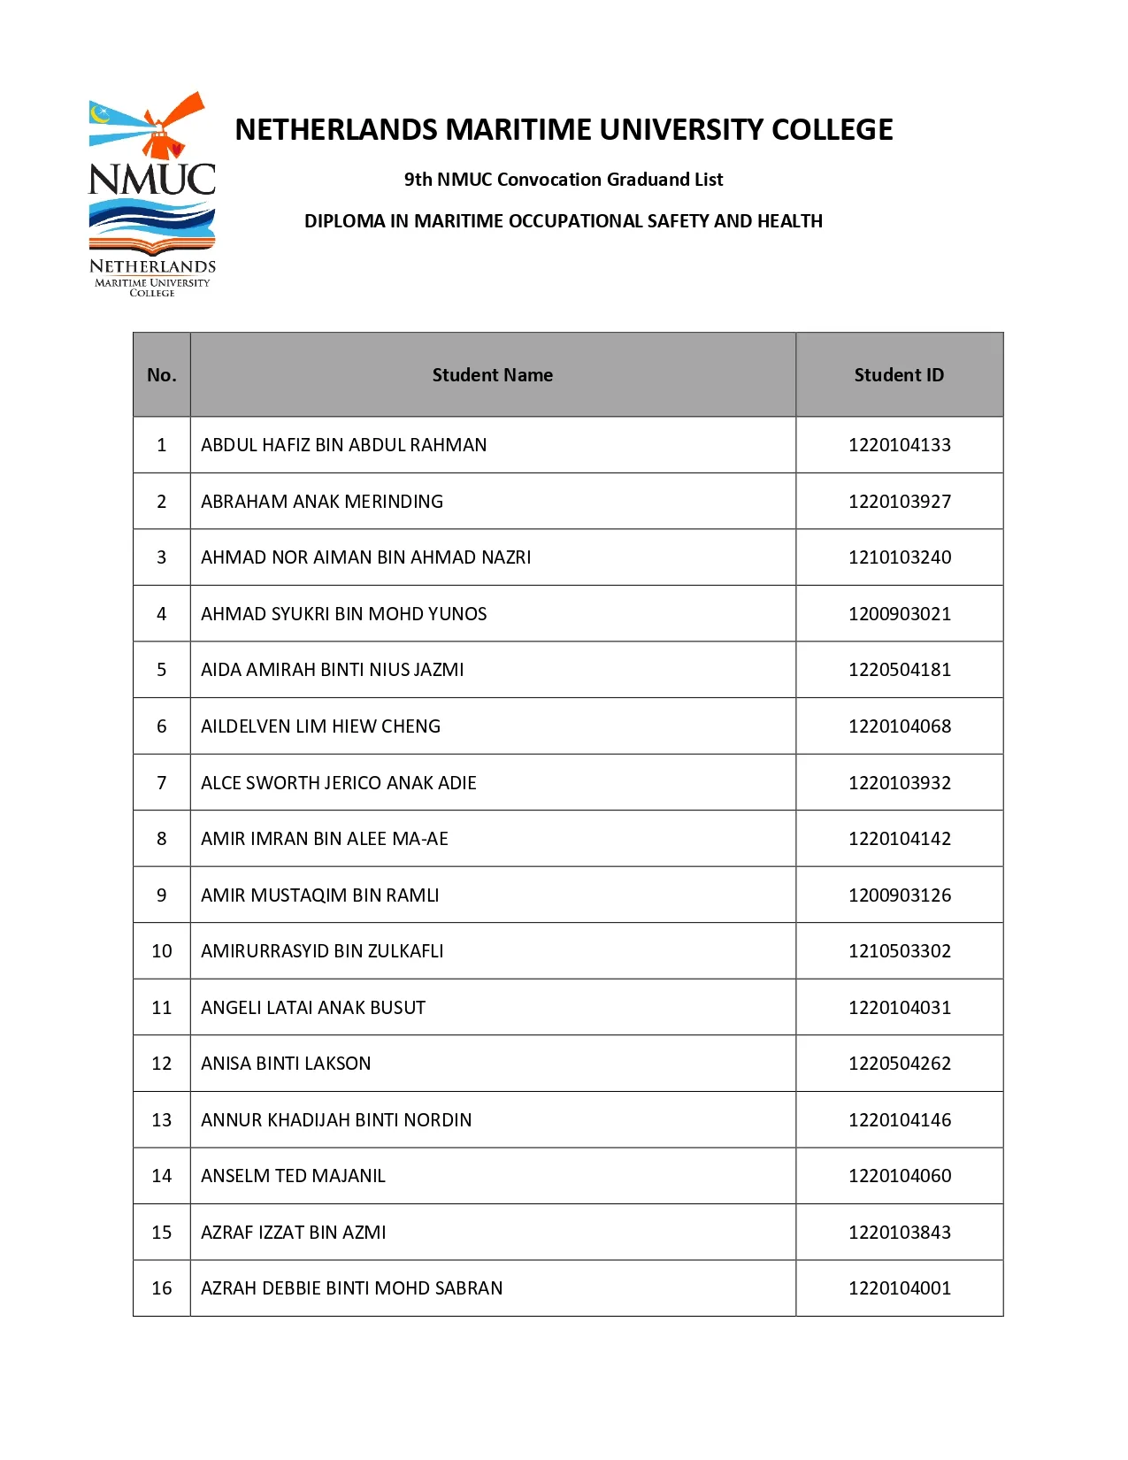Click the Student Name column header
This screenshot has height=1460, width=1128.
pos(492,375)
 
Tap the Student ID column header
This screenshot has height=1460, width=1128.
pos(899,375)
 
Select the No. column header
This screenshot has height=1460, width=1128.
pos(161,375)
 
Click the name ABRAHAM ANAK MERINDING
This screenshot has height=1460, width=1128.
pos(322,502)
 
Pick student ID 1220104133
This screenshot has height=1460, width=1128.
pos(900,445)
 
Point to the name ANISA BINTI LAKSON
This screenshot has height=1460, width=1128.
pos(286,1064)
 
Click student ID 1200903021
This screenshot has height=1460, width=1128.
pos(900,614)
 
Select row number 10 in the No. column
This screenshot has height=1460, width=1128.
pos(162,951)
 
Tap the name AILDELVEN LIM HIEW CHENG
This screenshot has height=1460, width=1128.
pos(320,726)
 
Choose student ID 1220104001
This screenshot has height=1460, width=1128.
pos(900,1288)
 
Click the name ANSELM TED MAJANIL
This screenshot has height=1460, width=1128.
pos(293,1176)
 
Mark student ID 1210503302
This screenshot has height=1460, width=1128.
pos(900,951)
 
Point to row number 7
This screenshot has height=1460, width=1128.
pos(162,783)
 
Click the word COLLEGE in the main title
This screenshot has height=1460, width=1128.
pos(832,130)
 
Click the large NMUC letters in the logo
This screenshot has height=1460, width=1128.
pos(152,180)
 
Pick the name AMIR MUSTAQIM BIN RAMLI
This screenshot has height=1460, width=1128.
pos(319,895)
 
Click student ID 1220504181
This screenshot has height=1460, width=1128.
pos(900,670)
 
